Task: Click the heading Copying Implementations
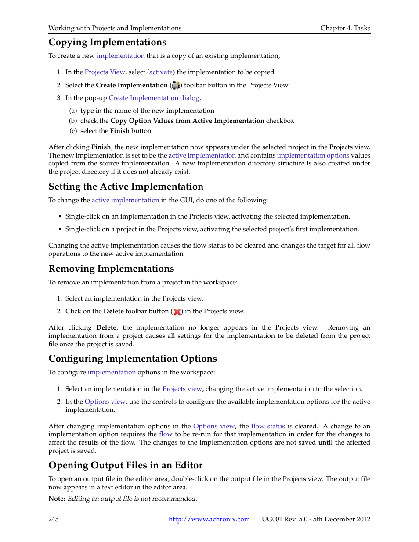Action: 107,42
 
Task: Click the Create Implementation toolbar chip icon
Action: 176,85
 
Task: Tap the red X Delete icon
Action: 177,312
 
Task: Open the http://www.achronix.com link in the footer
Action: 209,519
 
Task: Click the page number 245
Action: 54,519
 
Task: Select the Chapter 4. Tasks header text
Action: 345,28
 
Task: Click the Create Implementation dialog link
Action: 154,98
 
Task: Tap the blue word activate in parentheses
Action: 161,72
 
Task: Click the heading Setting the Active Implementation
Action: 126,187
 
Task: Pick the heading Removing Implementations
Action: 111,269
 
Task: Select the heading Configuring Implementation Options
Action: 132,359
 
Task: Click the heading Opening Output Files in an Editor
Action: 125,465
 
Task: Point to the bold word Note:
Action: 57,499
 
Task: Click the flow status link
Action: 268,426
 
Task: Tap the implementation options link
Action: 313,155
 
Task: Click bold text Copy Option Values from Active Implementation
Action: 187,121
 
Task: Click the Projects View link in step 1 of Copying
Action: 105,72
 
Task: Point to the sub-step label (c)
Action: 73,131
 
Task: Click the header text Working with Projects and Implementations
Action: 115,28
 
